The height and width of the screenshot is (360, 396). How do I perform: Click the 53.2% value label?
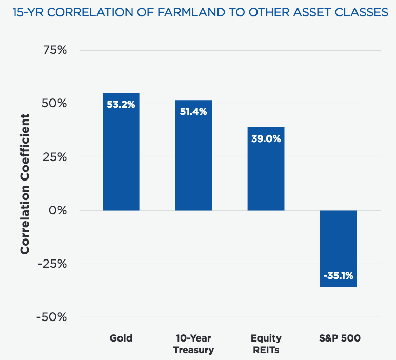click(121, 104)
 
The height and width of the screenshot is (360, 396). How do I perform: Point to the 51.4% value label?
click(193, 111)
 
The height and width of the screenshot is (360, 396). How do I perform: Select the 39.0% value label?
click(266, 138)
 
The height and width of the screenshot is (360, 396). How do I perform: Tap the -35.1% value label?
click(338, 276)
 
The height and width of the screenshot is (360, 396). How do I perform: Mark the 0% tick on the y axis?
click(58, 210)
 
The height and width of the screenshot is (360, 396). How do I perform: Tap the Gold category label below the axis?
click(121, 338)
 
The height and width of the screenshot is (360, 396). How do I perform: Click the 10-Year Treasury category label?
click(193, 344)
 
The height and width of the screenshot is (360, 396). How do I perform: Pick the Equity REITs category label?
click(266, 344)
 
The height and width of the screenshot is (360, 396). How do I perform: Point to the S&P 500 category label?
click(338, 338)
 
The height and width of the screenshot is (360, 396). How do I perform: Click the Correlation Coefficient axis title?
click(25, 184)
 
